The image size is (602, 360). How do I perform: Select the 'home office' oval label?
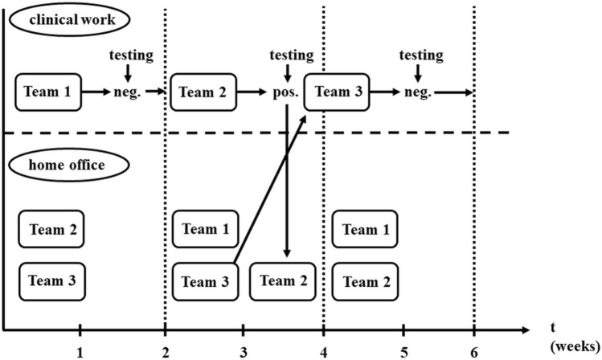tap(68, 166)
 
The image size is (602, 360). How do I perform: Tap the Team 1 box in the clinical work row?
tap(47, 92)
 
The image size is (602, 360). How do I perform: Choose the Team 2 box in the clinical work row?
tap(204, 92)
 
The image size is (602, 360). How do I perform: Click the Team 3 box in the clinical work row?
tap(337, 92)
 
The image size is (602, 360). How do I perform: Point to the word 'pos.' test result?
tap(286, 92)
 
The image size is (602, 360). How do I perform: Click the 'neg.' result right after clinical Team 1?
tap(129, 92)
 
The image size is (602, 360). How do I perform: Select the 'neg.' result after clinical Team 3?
tap(417, 92)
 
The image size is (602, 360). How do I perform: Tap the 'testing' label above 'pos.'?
tap(291, 55)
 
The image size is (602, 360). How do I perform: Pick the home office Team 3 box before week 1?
tap(51, 281)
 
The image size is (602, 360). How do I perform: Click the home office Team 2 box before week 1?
tap(51, 230)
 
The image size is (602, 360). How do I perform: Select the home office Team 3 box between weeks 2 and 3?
tap(205, 282)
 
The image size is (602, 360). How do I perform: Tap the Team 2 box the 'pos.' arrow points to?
tap(283, 281)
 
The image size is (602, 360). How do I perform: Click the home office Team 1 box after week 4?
tap(365, 230)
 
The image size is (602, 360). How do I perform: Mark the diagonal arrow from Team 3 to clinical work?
tap(270, 189)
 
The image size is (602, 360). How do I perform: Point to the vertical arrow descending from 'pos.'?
tap(287, 185)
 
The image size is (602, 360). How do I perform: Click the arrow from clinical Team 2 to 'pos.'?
tap(256, 92)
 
